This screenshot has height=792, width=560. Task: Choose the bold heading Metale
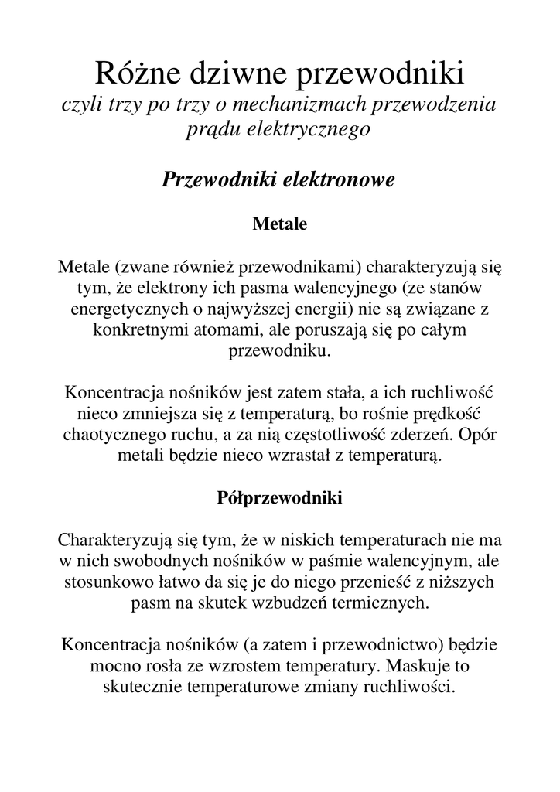click(x=280, y=224)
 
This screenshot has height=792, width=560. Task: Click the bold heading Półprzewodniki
click(x=280, y=498)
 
